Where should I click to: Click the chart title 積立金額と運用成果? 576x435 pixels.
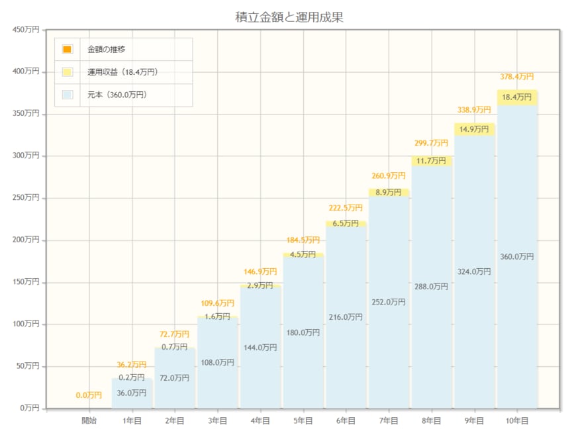289,17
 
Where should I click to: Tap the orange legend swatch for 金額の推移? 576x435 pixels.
67,50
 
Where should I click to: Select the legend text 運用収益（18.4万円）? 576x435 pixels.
122,72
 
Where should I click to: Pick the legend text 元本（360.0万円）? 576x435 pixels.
117,95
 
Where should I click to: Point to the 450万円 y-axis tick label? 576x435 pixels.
26,29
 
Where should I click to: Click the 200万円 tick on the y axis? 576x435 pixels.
26,240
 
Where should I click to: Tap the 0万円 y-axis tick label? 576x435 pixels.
28,408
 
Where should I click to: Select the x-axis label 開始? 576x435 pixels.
89,420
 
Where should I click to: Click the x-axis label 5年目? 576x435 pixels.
303,420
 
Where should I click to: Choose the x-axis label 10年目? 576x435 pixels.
516,420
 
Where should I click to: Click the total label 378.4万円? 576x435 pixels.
517,77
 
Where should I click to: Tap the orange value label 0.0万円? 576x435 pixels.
89,395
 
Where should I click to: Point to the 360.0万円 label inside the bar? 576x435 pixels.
517,256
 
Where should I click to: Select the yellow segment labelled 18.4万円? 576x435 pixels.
517,97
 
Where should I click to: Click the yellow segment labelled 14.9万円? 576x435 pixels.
474,129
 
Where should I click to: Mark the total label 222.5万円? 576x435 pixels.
346,208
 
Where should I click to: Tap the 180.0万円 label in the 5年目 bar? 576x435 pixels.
303,332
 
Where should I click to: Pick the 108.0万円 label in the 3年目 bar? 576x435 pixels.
218,362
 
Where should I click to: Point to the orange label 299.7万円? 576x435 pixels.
432,142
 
